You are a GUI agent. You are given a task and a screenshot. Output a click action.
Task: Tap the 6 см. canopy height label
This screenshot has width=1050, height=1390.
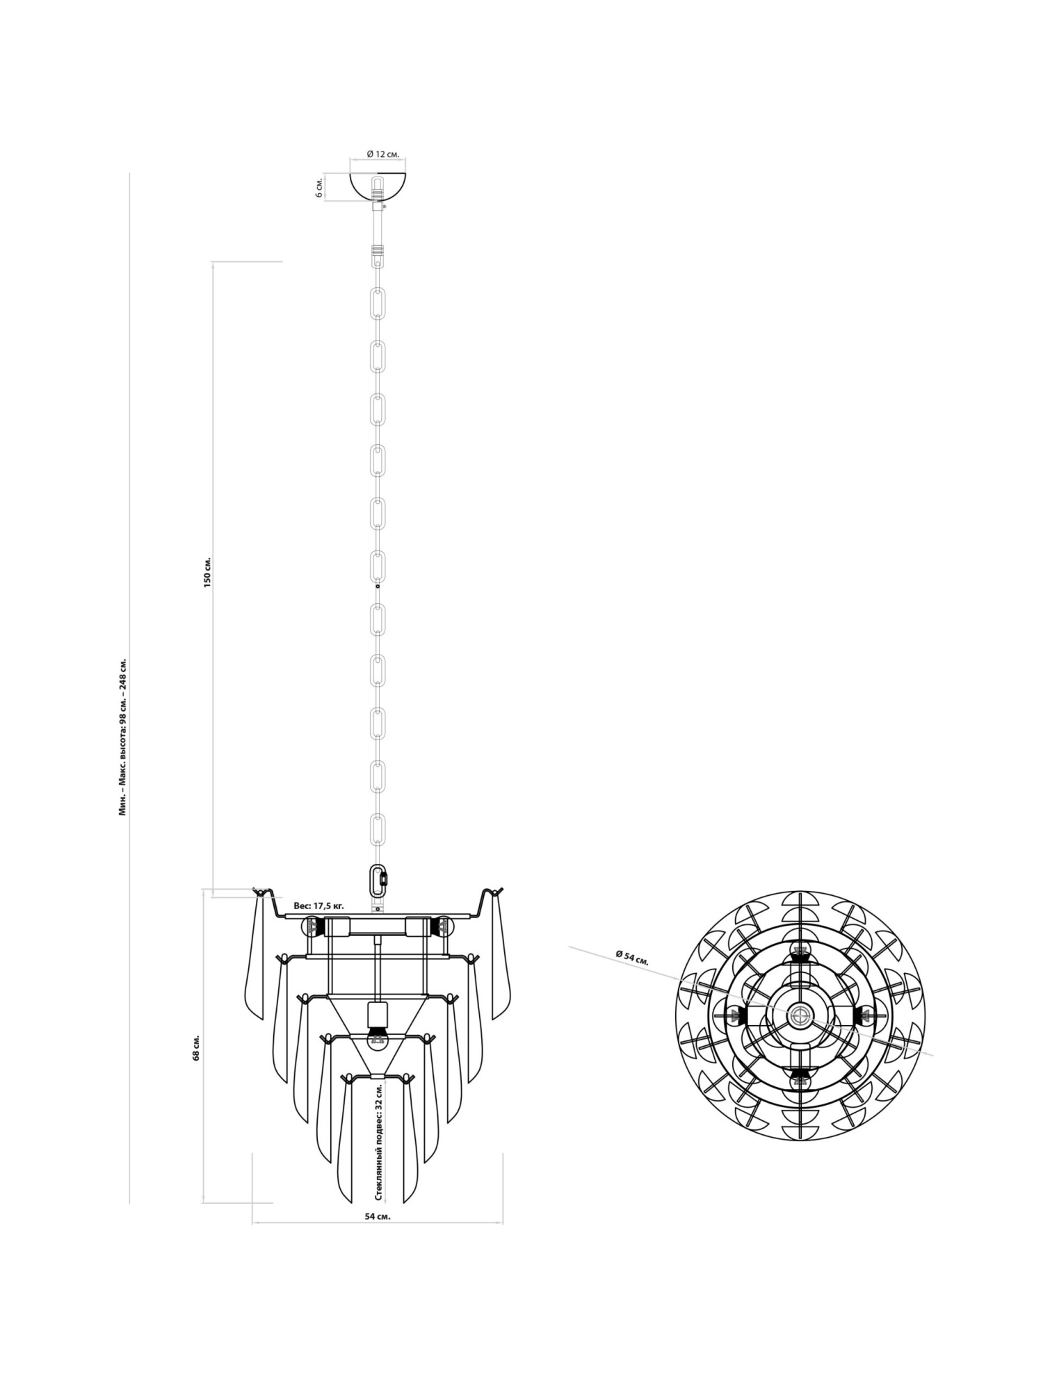pyautogui.click(x=319, y=188)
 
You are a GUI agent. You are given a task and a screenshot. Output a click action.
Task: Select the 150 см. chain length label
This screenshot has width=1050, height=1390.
pyautogui.click(x=207, y=571)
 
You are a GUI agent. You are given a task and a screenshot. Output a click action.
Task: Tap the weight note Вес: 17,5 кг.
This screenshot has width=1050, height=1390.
pyautogui.click(x=319, y=906)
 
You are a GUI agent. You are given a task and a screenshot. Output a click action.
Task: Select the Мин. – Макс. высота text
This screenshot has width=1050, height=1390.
pyautogui.click(x=123, y=736)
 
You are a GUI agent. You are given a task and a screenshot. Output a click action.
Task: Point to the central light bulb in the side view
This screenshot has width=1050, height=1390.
pyautogui.click(x=377, y=1038)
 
